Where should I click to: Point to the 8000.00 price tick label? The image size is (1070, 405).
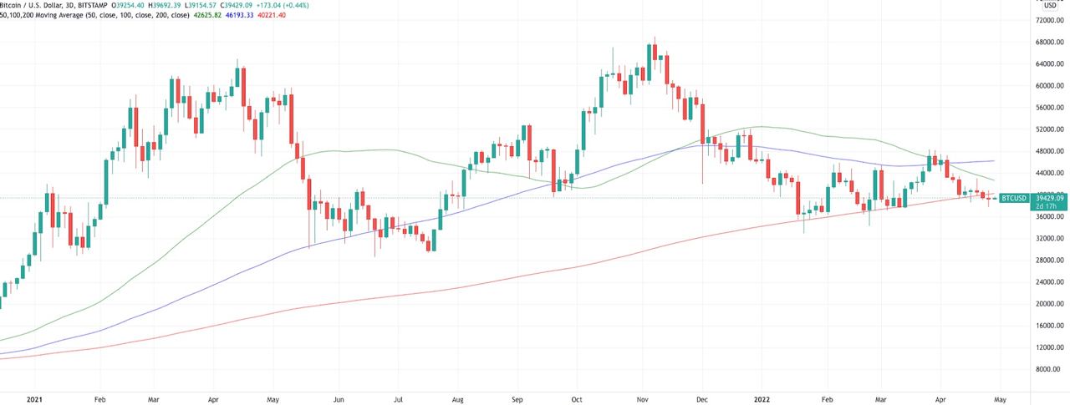[x=1052, y=369]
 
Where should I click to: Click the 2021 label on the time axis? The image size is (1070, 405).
[x=35, y=399]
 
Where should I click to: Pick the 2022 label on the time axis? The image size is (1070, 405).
[x=762, y=399]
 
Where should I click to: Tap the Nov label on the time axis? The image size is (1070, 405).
[x=641, y=399]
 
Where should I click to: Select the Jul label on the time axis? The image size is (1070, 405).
[x=399, y=399]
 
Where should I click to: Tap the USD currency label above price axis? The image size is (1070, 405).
[x=1051, y=6]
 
